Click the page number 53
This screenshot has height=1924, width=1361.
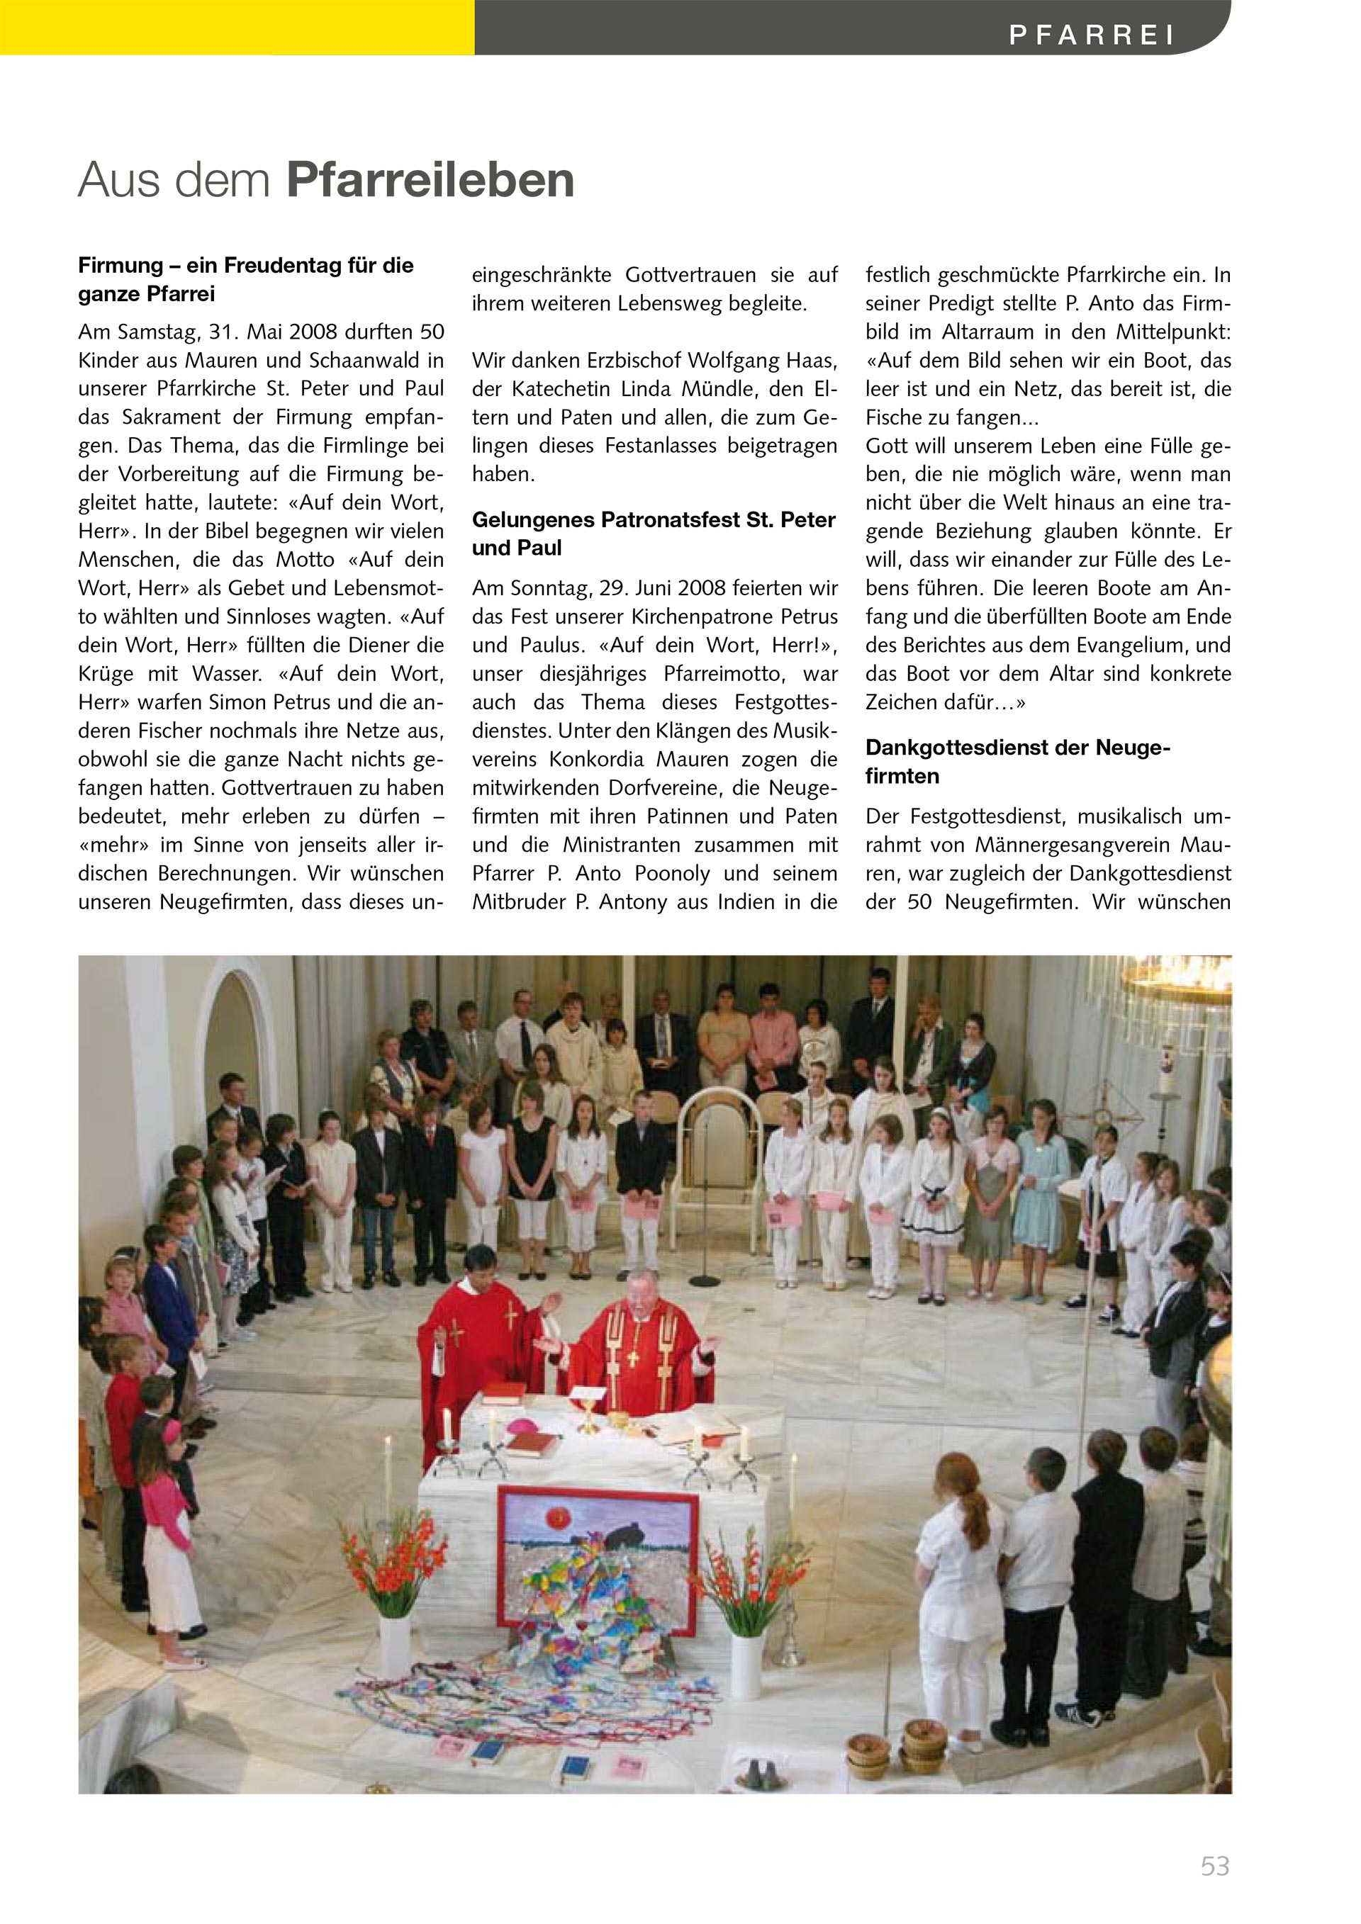[1214, 1866]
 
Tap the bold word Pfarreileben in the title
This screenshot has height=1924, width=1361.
[430, 180]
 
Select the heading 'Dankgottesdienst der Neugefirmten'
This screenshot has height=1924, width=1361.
[1017, 761]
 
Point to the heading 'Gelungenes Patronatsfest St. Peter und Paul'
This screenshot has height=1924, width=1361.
[654, 533]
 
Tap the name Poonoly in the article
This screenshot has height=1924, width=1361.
[673, 873]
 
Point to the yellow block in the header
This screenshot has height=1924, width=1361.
[237, 27]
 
